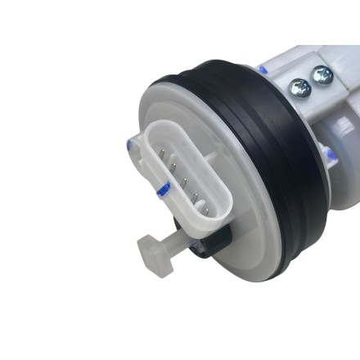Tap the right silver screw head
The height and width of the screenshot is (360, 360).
322,76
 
